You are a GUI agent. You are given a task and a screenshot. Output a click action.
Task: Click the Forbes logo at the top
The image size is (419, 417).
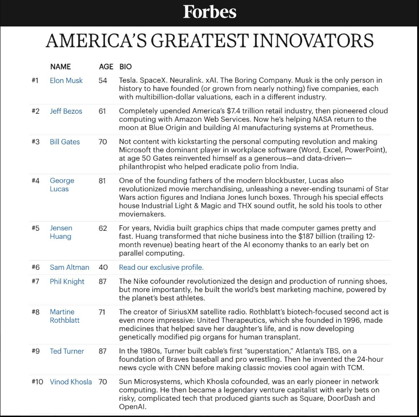pyautogui.click(x=210, y=12)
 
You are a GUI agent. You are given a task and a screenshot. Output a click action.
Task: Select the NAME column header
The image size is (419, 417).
pyautogui.click(x=60, y=66)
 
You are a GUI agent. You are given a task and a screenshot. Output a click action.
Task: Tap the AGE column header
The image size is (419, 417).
pyautogui.click(x=106, y=66)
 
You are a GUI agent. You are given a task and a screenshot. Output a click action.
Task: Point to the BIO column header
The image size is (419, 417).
pyautogui.click(x=125, y=66)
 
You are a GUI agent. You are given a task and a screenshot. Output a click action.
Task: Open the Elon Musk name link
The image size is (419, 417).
pyautogui.click(x=66, y=80)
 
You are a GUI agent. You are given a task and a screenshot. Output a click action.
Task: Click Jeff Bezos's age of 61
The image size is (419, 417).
pyautogui.click(x=102, y=111)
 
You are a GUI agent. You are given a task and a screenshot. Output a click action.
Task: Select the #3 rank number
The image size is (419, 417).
pyautogui.click(x=36, y=142)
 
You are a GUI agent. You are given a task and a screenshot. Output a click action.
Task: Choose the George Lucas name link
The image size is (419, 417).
pyautogui.click(x=62, y=184)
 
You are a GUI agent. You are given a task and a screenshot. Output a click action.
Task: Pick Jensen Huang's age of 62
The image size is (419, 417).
pyautogui.click(x=103, y=228)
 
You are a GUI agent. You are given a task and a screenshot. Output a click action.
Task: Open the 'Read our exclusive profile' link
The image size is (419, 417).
pyautogui.click(x=161, y=267)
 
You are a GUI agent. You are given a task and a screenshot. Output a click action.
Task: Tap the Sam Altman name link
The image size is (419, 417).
pyautogui.click(x=69, y=267)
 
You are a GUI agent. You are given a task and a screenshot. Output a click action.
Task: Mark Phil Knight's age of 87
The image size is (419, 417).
pyautogui.click(x=103, y=281)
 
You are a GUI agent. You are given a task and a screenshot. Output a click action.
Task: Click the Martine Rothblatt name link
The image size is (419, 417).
pyautogui.click(x=64, y=316)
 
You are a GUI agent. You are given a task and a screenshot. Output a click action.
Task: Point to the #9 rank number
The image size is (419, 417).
pyautogui.click(x=36, y=351)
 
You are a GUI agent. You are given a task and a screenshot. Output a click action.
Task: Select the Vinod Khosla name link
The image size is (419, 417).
pyautogui.click(x=71, y=382)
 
